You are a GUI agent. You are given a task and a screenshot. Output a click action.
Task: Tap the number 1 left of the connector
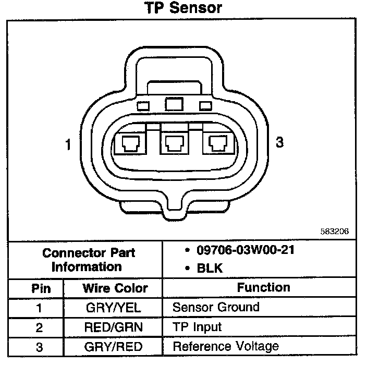pyautogui.click(x=68, y=144)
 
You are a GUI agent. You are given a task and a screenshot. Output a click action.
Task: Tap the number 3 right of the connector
pyautogui.click(x=280, y=142)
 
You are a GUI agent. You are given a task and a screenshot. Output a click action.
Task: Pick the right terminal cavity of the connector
pyautogui.click(x=217, y=142)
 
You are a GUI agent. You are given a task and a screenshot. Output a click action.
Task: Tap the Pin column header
pyautogui.click(x=39, y=288)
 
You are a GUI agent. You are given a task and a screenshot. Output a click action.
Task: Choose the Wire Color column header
pyautogui.click(x=115, y=288)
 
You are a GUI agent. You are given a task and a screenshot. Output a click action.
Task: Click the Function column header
pyautogui.click(x=263, y=287)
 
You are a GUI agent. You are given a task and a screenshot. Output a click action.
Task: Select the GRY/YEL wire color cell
pyautogui.click(x=113, y=308)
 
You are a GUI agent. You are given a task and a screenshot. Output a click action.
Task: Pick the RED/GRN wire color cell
pyautogui.click(x=113, y=327)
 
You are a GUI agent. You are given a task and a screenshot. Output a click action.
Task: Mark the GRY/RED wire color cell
pyautogui.click(x=113, y=347)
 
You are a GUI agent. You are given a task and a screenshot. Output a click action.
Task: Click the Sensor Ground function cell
pyautogui.click(x=215, y=307)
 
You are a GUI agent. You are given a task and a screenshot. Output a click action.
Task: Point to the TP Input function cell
pyautogui.click(x=197, y=327)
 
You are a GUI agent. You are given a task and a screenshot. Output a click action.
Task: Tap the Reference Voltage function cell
pyautogui.click(x=225, y=347)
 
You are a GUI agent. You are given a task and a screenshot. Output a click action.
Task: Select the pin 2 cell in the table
pyautogui.click(x=39, y=327)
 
